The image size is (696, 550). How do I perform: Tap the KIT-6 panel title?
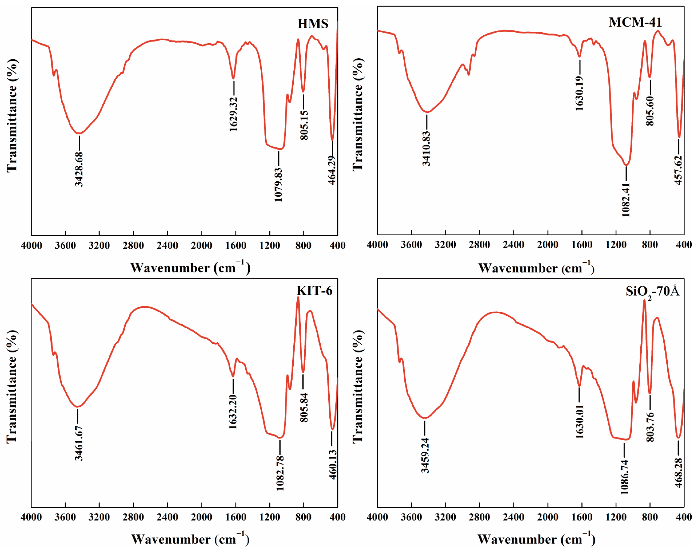[x=314, y=291]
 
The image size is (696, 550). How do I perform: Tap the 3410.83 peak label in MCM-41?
[x=426, y=148]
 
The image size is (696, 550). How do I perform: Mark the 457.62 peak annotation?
[x=678, y=170]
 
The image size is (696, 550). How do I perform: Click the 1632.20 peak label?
[x=233, y=412]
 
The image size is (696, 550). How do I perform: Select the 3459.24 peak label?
[x=425, y=455]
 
